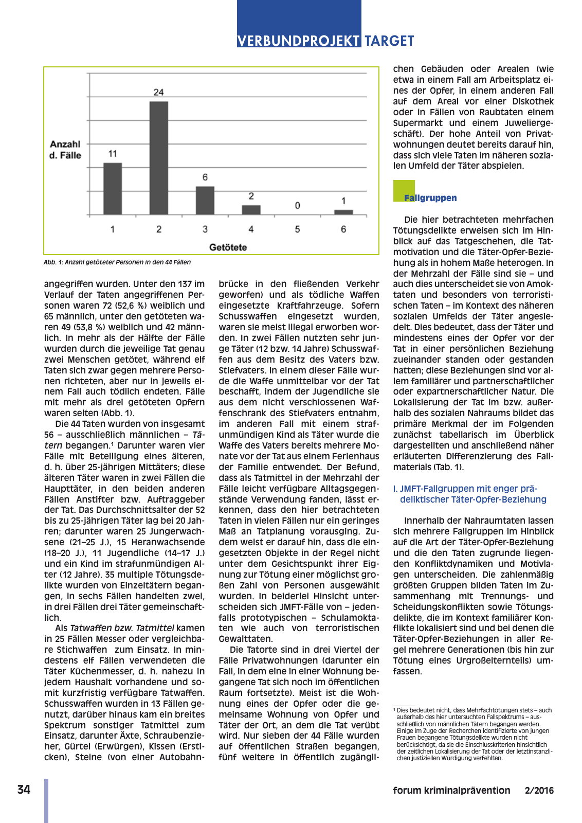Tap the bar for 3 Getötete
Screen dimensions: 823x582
[x=205, y=200]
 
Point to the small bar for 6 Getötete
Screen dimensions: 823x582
[x=343, y=212]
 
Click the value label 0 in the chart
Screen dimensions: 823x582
[x=297, y=206]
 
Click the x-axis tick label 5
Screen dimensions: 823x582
[x=297, y=229]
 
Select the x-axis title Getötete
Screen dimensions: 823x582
[x=228, y=247]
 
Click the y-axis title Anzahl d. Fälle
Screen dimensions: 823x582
[x=65, y=150]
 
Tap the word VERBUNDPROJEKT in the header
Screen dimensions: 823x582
[x=299, y=41]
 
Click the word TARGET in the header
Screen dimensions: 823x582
[x=389, y=41]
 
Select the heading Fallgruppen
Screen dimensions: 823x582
[x=430, y=198]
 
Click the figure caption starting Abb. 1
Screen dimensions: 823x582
[x=117, y=262]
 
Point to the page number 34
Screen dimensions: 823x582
[x=24, y=790]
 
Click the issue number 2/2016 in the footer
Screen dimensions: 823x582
[x=539, y=791]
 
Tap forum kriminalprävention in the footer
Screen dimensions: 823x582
[x=451, y=791]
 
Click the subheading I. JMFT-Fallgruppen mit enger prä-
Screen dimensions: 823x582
[x=465, y=489]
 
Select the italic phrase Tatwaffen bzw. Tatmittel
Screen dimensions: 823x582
[x=122, y=628]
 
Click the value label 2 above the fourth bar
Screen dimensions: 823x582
[x=251, y=196]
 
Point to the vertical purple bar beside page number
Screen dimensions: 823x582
[x=46, y=800]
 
